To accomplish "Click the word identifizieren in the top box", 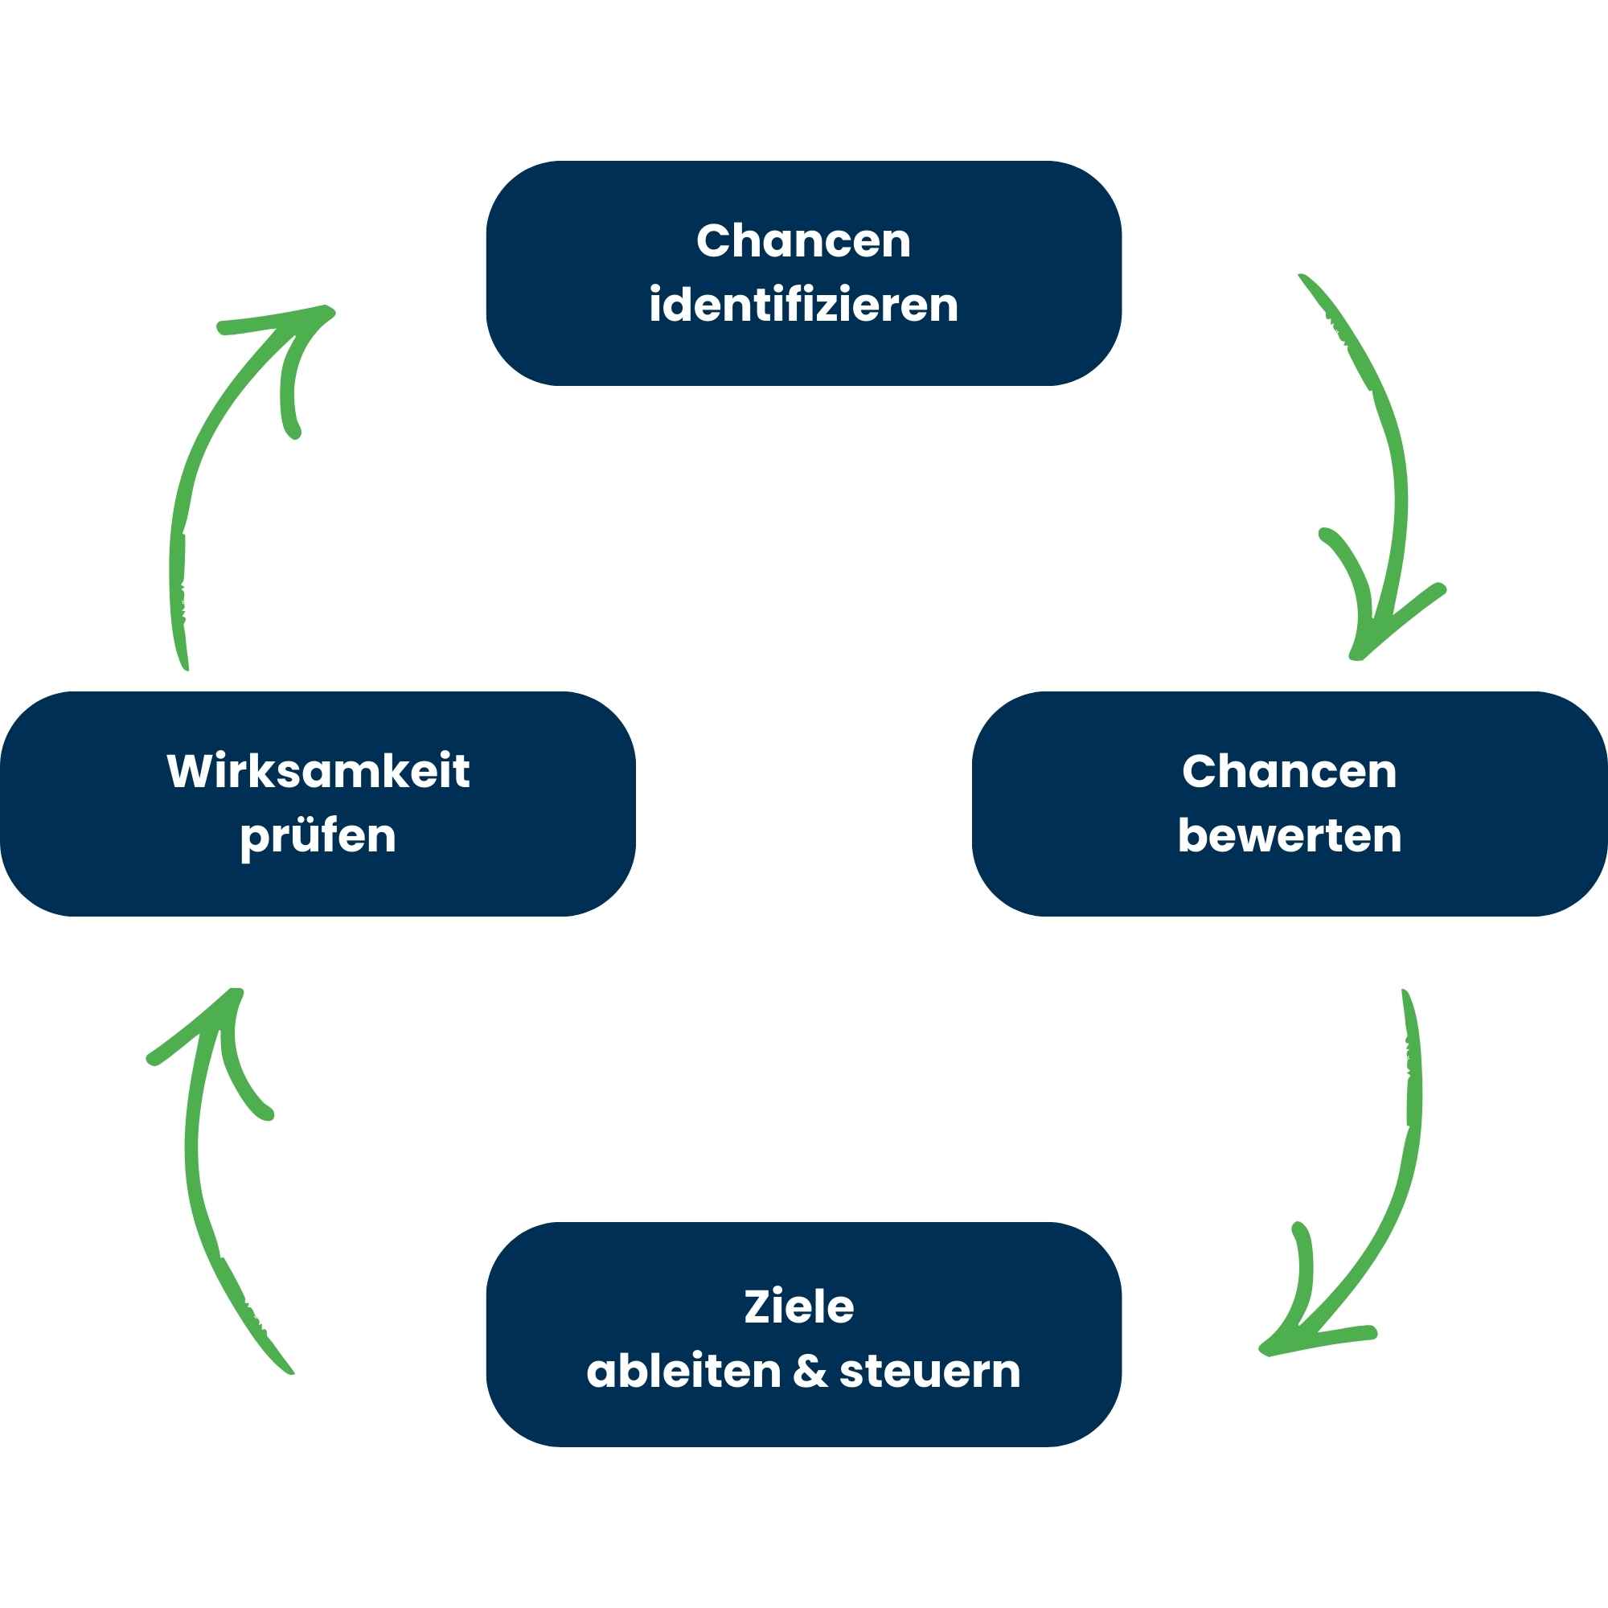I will (803, 306).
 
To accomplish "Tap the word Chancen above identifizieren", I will (803, 241).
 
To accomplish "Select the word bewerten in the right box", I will (1290, 835).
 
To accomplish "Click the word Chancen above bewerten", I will (1290, 772).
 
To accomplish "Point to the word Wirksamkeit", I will (318, 772).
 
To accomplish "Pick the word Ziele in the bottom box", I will (799, 1306).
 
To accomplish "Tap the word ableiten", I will (683, 1372).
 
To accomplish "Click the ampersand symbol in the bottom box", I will (810, 1372).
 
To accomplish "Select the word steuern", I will (929, 1372).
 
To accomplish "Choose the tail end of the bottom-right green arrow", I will (1405, 995).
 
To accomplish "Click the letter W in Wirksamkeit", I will (190, 771).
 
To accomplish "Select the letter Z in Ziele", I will (757, 1306).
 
